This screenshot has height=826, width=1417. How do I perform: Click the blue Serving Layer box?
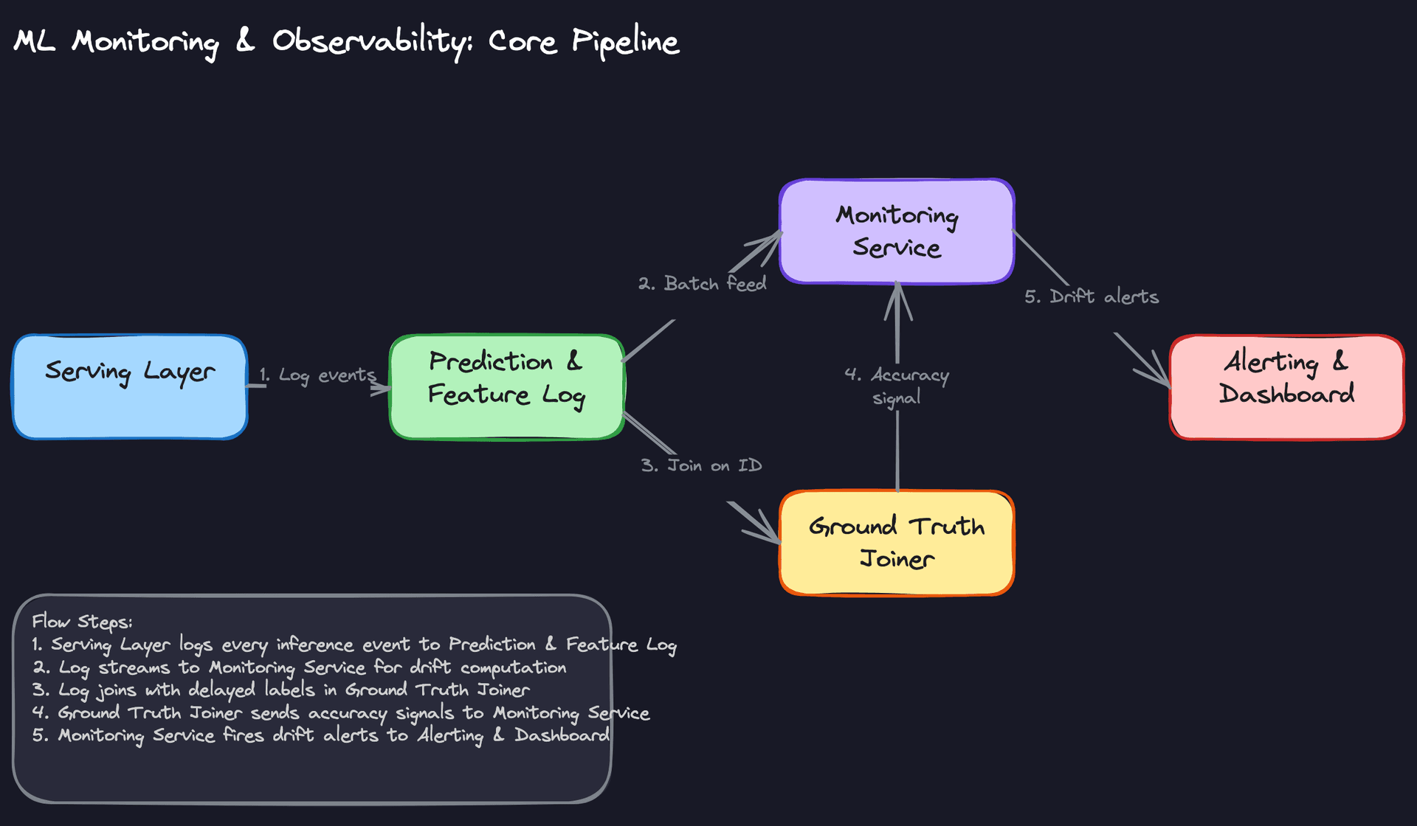[x=130, y=387]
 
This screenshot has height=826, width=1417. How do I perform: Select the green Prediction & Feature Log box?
[x=507, y=387]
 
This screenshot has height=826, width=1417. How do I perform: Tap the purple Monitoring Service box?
[x=897, y=232]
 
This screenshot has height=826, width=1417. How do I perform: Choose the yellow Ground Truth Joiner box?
[x=897, y=543]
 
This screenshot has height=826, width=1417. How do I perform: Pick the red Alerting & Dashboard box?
[x=1286, y=387]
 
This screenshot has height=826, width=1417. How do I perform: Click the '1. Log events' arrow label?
[x=317, y=375]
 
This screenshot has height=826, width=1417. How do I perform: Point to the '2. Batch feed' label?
[x=702, y=284]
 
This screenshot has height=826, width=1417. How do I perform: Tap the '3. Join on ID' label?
[x=701, y=466]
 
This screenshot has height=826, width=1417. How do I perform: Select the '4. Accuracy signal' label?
[x=897, y=386]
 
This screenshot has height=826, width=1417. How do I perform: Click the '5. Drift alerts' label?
[x=1091, y=296]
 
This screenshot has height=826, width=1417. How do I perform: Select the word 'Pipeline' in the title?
[x=625, y=41]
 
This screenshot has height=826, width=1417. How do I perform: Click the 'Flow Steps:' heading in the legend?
[x=82, y=622]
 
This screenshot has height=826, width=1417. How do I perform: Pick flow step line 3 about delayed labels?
[x=280, y=690]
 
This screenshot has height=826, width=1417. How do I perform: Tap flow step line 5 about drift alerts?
[x=320, y=736]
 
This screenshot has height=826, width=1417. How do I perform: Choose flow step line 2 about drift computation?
[x=299, y=667]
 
